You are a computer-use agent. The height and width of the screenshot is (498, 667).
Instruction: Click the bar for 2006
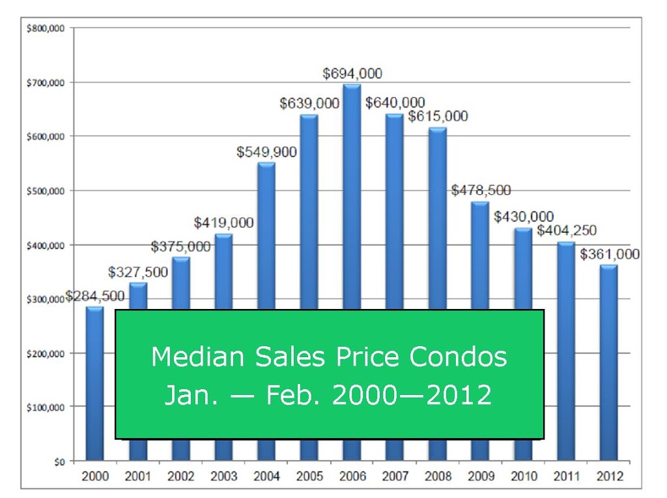[352, 196]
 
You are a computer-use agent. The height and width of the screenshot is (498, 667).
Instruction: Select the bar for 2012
[609, 362]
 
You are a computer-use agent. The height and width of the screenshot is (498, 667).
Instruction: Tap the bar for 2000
[94, 383]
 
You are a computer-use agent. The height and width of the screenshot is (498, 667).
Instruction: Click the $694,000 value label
[352, 74]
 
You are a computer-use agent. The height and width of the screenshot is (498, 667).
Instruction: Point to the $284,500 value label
[95, 296]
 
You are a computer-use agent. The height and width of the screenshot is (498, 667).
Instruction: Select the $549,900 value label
[266, 152]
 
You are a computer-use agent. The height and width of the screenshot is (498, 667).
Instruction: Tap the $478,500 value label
[481, 190]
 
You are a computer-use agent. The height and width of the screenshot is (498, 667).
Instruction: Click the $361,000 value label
[610, 254]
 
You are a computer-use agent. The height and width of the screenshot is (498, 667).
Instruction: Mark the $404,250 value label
[567, 230]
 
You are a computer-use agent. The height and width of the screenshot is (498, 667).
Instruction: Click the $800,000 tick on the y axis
[46, 29]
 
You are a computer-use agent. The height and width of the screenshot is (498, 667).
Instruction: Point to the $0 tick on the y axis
[59, 461]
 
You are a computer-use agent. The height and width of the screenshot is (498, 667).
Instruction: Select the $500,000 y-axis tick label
[46, 191]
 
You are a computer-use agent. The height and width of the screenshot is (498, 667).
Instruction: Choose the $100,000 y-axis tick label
[46, 407]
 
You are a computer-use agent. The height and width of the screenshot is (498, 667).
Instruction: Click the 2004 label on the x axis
[266, 476]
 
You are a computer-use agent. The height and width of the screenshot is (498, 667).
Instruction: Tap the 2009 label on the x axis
[481, 476]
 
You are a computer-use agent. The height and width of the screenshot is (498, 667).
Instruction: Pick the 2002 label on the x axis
[181, 476]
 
